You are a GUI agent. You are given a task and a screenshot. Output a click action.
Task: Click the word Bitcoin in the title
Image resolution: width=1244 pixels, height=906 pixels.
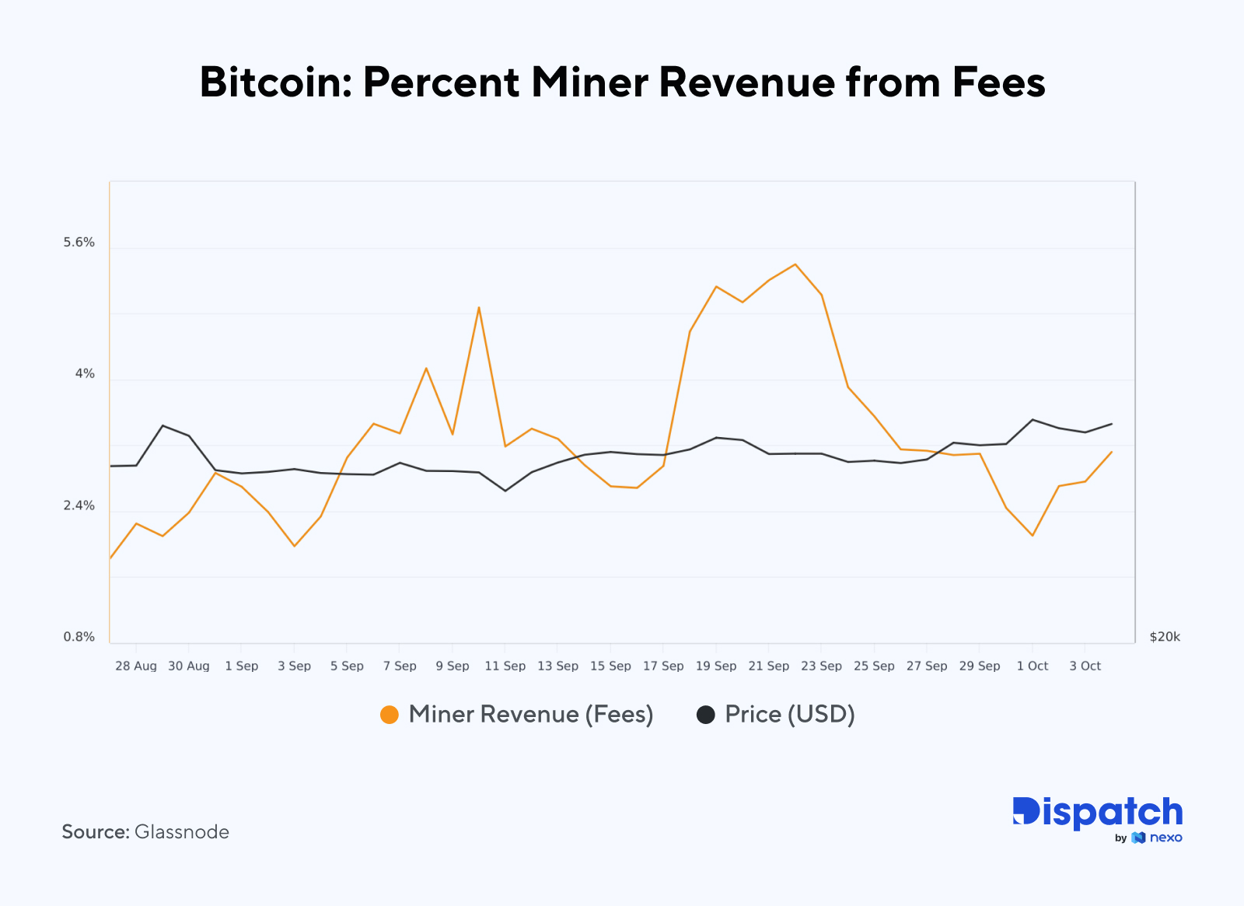point(275,82)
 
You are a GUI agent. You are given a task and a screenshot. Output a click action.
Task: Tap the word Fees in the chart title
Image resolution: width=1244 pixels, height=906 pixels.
point(998,82)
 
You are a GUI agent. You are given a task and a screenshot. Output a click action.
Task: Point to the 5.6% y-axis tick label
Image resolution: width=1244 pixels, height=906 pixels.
point(79,243)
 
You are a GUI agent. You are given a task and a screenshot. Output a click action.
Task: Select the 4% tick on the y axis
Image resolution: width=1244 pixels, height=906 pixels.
point(85,374)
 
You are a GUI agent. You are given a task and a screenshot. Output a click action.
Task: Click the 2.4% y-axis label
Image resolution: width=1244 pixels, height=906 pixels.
point(79,506)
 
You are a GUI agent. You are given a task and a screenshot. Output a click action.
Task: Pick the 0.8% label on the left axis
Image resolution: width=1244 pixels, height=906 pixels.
point(79,637)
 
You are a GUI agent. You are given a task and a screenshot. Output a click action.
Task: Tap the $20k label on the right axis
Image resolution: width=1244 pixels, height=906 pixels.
point(1164,637)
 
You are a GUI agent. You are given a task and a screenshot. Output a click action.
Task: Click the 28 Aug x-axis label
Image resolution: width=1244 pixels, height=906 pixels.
point(135,666)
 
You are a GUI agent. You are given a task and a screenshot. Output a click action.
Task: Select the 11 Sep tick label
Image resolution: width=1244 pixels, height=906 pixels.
point(505,666)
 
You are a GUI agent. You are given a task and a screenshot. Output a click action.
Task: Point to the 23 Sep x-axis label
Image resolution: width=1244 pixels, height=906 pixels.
point(821,666)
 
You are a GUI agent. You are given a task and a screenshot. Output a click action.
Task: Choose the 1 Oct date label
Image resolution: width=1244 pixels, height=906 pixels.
point(1032,666)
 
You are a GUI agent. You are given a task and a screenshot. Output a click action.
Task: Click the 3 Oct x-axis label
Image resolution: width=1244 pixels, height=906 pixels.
point(1085,666)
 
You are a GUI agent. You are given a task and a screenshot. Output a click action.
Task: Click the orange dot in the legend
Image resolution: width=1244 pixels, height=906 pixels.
point(389,715)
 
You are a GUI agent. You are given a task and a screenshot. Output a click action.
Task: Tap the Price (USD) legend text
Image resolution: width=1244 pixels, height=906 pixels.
point(789,715)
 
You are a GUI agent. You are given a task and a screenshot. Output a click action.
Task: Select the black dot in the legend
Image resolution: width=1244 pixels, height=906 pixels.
point(705,715)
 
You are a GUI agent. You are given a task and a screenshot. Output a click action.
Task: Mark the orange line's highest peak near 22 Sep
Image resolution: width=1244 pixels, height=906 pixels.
point(795,264)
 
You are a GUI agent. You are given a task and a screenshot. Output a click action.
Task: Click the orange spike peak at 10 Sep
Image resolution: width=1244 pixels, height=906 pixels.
point(479,307)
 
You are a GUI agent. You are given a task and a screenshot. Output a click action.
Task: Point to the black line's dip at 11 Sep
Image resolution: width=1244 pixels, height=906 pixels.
point(505,491)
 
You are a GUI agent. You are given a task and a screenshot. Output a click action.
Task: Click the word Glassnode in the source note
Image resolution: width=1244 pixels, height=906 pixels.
point(181,832)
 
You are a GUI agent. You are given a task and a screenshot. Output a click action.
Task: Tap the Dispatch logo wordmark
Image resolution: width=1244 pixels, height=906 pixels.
point(1097,813)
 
